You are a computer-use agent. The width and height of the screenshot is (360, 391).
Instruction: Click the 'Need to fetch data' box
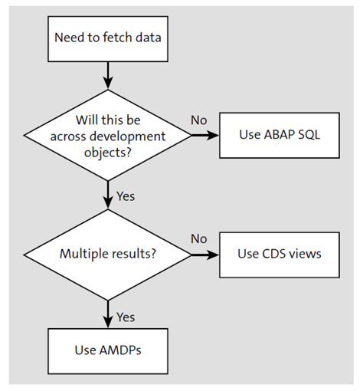(x=108, y=37)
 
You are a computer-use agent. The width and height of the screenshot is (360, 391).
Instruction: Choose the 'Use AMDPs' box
(x=108, y=350)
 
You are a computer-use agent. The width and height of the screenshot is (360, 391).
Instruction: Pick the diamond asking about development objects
(x=108, y=136)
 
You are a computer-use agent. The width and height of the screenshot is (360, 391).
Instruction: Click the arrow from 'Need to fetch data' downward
(x=108, y=74)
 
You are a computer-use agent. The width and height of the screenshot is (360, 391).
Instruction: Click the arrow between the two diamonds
(x=108, y=195)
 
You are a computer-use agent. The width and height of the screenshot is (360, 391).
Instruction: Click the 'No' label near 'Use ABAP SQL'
(x=198, y=120)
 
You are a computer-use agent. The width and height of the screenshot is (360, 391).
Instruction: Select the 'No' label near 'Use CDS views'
(x=198, y=238)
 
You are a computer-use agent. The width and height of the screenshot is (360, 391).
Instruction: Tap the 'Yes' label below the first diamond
(x=125, y=195)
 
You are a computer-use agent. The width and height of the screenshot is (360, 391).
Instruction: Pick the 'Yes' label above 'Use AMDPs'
(x=125, y=316)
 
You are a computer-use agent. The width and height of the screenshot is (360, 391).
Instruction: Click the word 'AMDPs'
(x=119, y=350)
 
